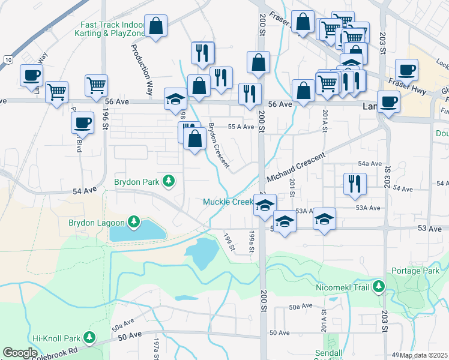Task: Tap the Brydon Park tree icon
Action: (170, 181)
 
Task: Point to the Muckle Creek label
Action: (228, 202)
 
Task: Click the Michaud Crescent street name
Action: (295, 167)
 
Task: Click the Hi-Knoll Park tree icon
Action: (89, 338)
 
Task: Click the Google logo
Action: (20, 353)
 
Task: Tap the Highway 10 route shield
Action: (7, 59)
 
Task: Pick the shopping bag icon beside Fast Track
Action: (155, 26)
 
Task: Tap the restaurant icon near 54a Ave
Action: (355, 184)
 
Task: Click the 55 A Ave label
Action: (241, 127)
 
